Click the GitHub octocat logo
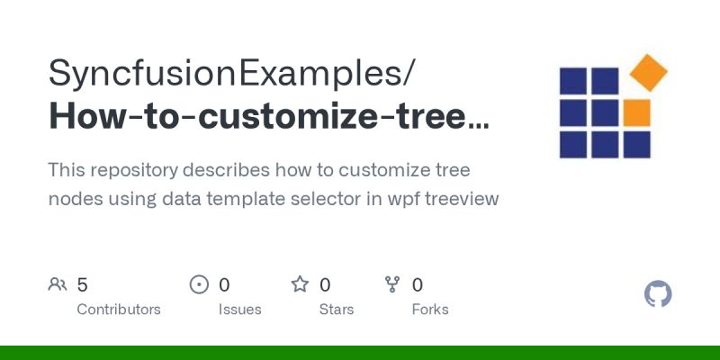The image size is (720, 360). tap(659, 294)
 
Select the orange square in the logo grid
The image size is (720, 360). tap(636, 112)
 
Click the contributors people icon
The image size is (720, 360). tap(58, 285)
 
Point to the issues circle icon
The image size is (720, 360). tap(199, 285)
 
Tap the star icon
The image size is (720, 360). tap(300, 285)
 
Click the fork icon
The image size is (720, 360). tap(392, 285)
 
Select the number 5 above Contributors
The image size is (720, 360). tap(82, 285)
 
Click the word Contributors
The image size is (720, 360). tap(119, 310)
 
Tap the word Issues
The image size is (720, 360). tap(239, 310)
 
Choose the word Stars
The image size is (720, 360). tap(337, 310)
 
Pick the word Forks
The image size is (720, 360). tap(430, 310)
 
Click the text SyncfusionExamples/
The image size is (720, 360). tap(232, 73)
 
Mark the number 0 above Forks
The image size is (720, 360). tap(418, 285)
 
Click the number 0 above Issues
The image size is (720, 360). tap(224, 285)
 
